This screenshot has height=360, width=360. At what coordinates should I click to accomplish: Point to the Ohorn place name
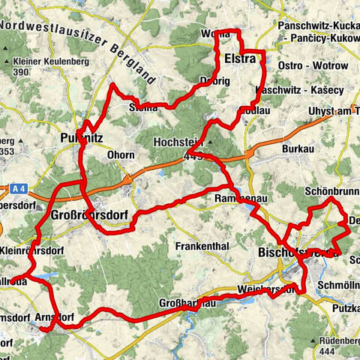[x=119, y=155]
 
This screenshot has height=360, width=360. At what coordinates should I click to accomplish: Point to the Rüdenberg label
[x=333, y=340]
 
